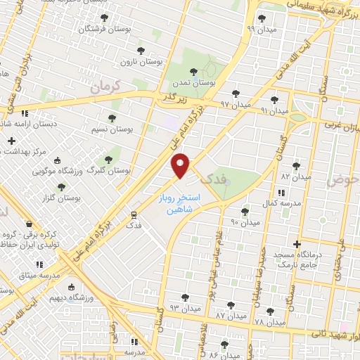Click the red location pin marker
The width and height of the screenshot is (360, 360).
181,166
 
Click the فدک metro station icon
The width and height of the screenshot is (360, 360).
134,214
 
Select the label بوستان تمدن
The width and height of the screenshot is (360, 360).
199,82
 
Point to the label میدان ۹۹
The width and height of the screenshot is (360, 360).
260,29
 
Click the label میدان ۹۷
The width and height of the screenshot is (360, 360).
235,104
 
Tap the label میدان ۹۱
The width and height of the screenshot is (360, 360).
274,111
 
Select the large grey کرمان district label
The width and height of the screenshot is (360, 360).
105,86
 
